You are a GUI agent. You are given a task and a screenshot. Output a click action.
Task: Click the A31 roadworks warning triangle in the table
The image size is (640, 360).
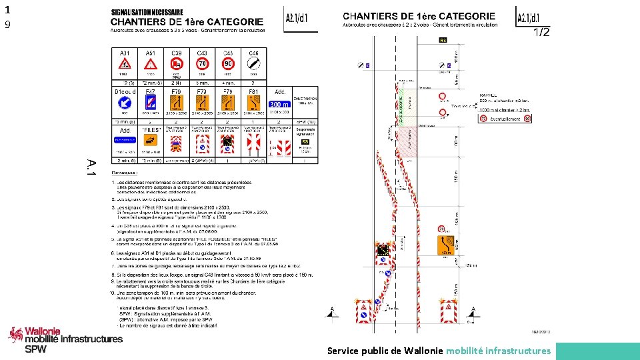click(124, 65)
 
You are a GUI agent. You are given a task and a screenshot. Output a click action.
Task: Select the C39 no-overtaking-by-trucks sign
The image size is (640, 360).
click(177, 65)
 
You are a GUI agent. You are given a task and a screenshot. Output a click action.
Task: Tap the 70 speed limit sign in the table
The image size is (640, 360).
click(202, 65)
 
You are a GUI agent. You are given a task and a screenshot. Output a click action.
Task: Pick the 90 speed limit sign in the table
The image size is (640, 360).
click(228, 65)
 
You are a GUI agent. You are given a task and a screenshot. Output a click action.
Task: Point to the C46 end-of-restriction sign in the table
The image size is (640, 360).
click(254, 65)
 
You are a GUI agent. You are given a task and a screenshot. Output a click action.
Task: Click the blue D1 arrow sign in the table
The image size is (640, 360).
click(125, 103)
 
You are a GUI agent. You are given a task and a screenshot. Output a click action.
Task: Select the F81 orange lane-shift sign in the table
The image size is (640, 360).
click(254, 102)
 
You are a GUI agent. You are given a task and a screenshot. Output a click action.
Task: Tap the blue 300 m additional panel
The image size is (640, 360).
click(279, 104)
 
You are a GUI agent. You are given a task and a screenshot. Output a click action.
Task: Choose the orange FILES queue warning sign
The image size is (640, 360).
click(151, 140)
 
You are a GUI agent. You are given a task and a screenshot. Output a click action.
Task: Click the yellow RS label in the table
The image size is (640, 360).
click(305, 142)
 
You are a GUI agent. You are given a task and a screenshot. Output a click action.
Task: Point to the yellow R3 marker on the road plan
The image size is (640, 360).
click(443, 41)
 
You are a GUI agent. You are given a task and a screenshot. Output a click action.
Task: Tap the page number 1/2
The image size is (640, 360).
click(541, 33)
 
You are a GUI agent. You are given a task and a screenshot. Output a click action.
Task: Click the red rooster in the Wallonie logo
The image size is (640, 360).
click(15, 335)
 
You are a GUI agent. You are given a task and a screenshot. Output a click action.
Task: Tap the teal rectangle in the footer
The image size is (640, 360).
click(597, 351)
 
